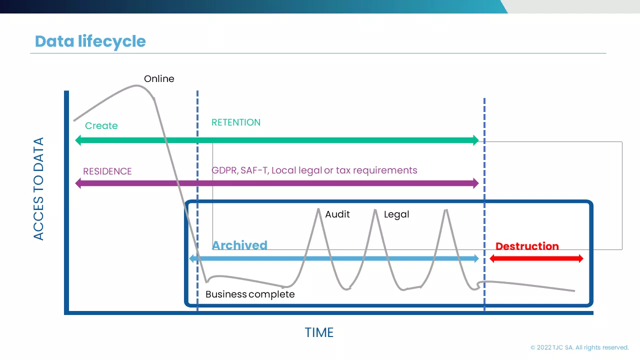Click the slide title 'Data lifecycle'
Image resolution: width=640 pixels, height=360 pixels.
(90, 41)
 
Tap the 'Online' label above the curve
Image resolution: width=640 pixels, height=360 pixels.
(159, 78)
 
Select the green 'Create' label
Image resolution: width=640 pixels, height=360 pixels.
(101, 125)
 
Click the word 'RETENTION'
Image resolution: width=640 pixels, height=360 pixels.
(236, 122)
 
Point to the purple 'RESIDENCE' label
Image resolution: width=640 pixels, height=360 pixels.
(107, 171)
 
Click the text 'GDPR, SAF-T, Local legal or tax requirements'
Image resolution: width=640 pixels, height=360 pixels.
(314, 170)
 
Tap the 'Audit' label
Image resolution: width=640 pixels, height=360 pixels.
(337, 214)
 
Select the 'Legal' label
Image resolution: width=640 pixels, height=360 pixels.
(396, 214)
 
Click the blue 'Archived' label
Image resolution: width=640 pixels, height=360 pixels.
(239, 245)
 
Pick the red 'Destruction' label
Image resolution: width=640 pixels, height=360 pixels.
(527, 246)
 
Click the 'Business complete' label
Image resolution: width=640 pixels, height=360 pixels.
(250, 294)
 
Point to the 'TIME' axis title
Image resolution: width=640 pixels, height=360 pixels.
(319, 332)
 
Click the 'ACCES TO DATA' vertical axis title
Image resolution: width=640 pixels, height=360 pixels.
(38, 189)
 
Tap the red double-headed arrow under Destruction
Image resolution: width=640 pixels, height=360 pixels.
(536, 258)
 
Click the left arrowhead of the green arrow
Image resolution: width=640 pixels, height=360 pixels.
(78, 140)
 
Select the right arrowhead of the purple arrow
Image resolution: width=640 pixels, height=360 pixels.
(475, 183)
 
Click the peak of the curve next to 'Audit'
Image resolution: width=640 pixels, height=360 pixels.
(318, 209)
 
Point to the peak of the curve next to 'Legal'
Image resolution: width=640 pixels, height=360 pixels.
(375, 210)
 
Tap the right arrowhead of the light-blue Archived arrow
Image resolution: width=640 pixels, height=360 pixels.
(476, 258)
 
